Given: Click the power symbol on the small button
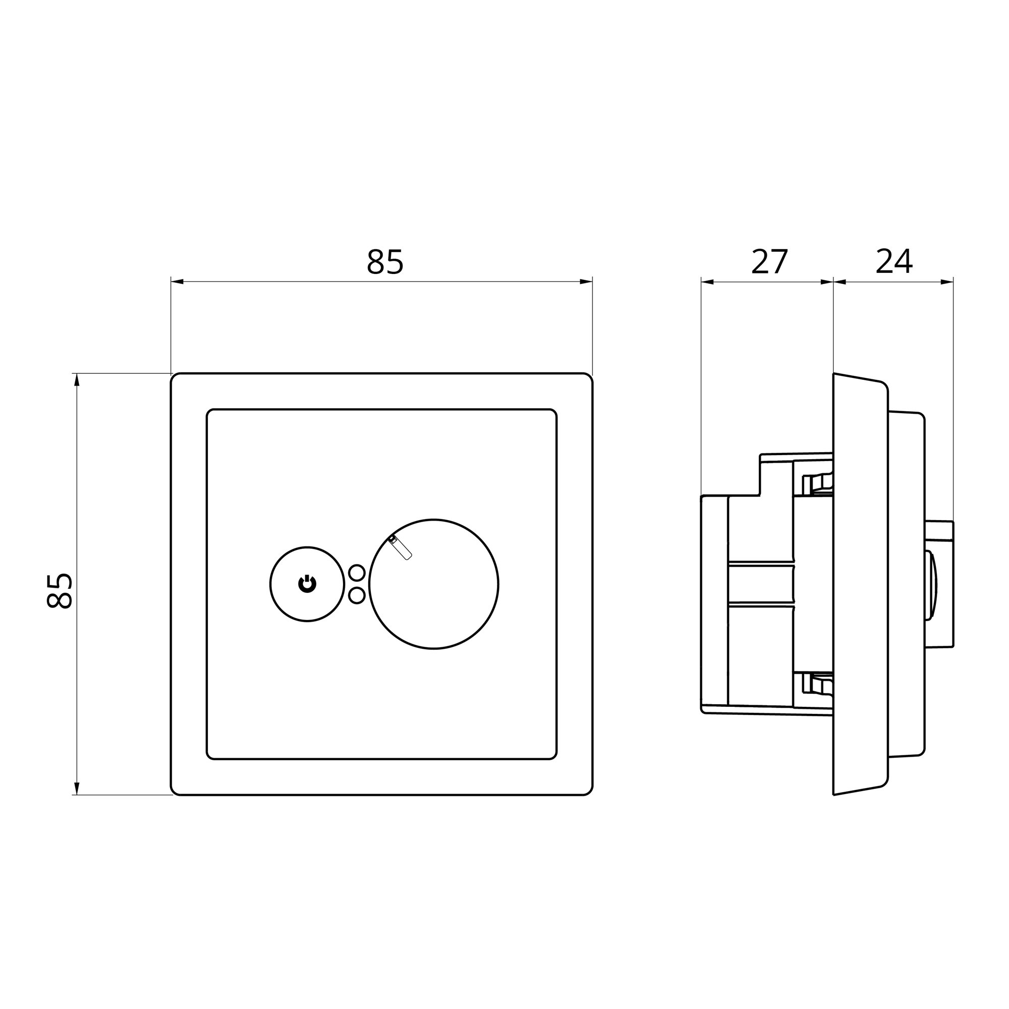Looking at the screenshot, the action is [x=307, y=584].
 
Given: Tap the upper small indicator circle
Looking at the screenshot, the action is [x=357, y=573].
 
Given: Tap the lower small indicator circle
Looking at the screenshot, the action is [x=357, y=596].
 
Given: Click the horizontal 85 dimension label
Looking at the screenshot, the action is [x=385, y=262].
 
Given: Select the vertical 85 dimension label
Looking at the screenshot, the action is [x=59, y=591].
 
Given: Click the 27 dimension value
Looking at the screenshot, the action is [x=769, y=262].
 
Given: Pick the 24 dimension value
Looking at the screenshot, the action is [x=893, y=261].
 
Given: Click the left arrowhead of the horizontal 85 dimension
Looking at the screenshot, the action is [x=178, y=282].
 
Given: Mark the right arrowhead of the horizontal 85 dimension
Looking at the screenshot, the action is [x=586, y=282].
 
